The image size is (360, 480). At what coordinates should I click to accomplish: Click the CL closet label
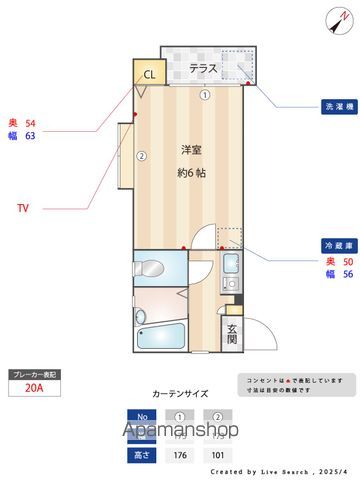(x=149, y=74)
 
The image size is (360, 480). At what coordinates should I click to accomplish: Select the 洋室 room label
(x=192, y=150)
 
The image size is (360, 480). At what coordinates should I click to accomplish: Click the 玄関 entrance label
(x=231, y=333)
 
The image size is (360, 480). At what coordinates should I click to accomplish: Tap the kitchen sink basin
(x=229, y=266)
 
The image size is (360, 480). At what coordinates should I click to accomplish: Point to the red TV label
(x=23, y=208)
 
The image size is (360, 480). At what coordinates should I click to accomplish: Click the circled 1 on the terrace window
(x=204, y=96)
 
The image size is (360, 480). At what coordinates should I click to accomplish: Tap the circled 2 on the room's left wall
(x=142, y=155)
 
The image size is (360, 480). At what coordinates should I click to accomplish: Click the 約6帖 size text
(x=192, y=172)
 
